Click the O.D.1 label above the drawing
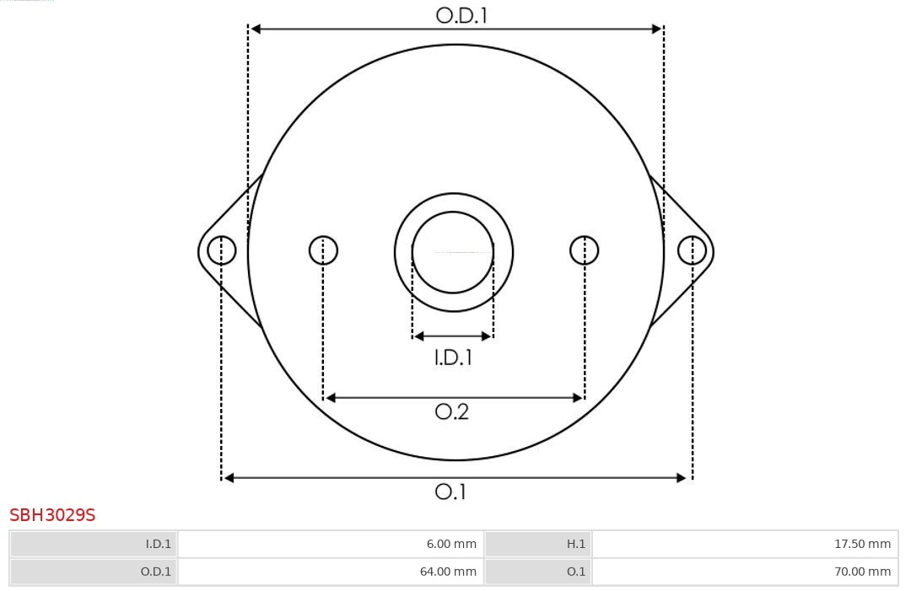click(461, 15)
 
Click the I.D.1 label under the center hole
click(453, 357)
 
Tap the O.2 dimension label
click(451, 411)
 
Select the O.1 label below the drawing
click(450, 492)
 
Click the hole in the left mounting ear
click(222, 250)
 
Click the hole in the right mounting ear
click(692, 250)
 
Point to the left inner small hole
click(323, 250)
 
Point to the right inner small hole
click(585, 250)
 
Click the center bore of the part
click(453, 252)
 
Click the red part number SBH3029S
click(52, 515)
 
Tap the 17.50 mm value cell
click(745, 544)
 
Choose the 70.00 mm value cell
click(745, 572)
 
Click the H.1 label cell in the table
click(538, 544)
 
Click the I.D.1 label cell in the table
click(94, 544)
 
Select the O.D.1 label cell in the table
click(94, 572)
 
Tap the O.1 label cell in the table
click(538, 572)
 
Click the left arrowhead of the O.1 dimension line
click(229, 478)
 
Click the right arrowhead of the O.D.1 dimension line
click(656, 29)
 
